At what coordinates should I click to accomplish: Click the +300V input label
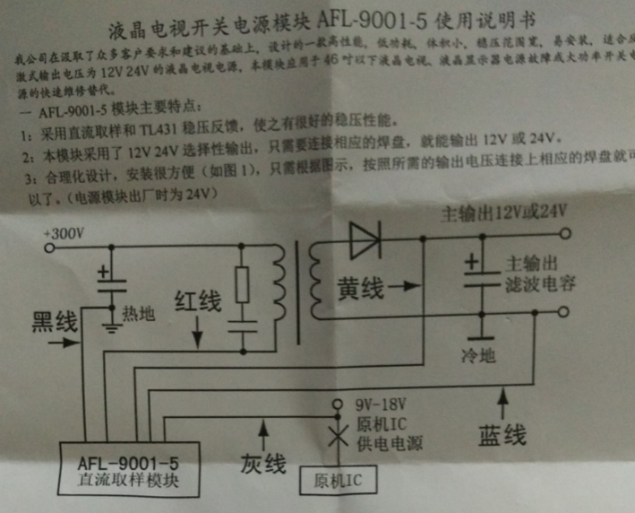pos(65,234)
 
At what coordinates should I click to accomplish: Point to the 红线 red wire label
pos(198,302)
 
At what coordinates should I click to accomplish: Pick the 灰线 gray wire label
pos(263,464)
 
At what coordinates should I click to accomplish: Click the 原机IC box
pos(337,481)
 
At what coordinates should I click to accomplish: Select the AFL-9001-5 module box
pos(128,472)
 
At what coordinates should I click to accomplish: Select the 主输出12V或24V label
pos(505,213)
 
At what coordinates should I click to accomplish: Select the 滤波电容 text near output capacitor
pos(541,285)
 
